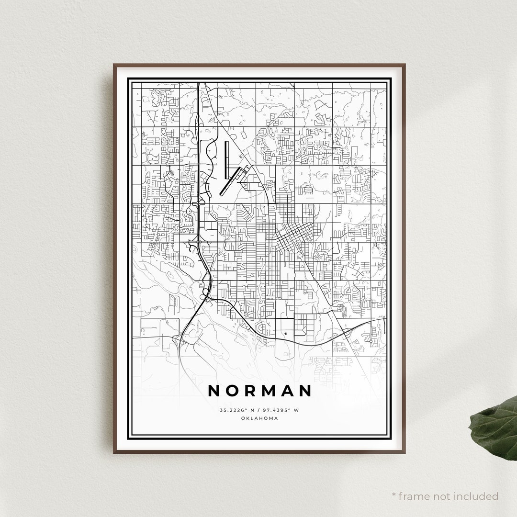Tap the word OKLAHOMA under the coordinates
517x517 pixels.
[x=259, y=418]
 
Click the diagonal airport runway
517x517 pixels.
[x=232, y=181]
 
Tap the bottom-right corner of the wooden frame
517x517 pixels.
[x=405, y=452]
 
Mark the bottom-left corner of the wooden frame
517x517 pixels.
[x=114, y=452]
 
